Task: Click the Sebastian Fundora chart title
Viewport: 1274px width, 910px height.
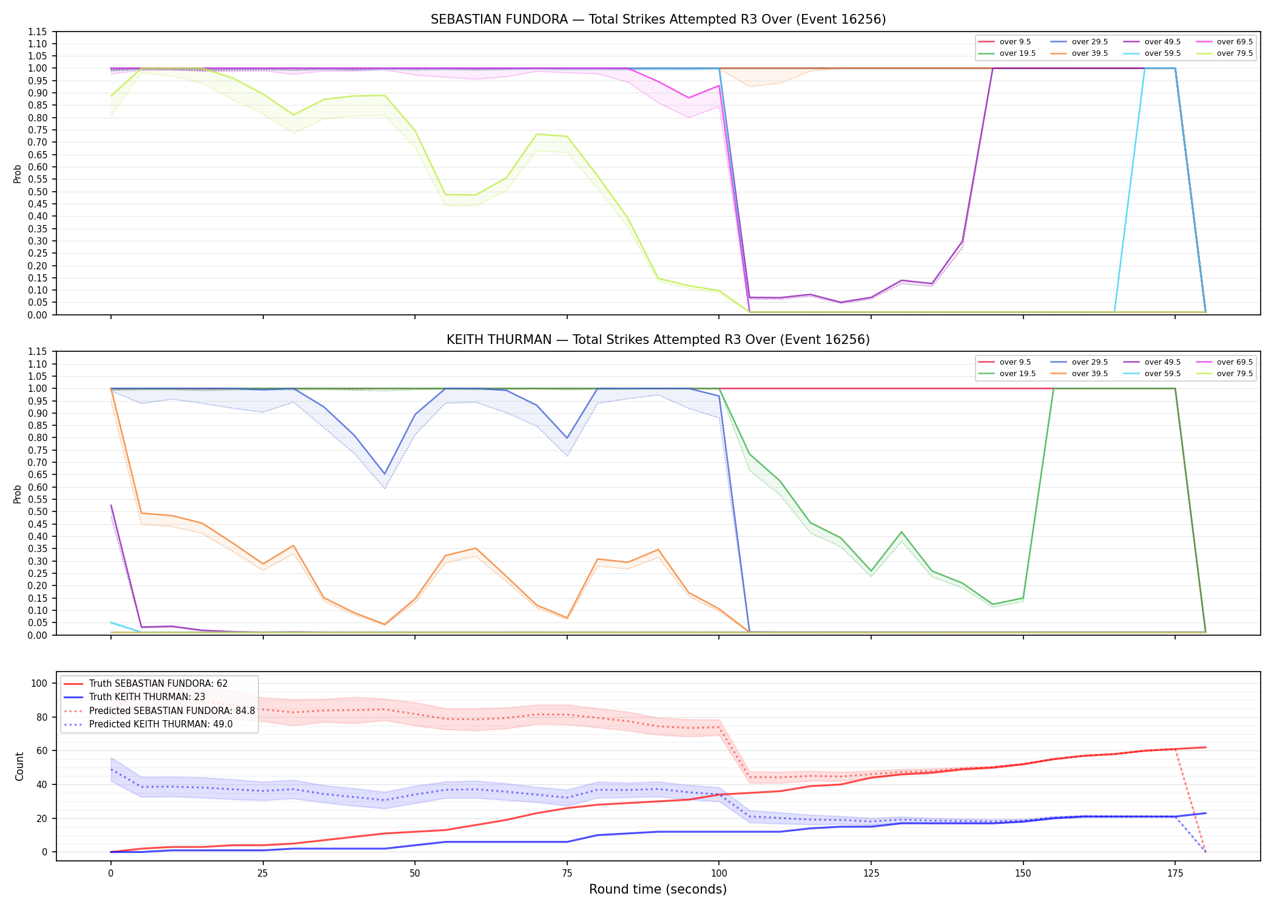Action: tap(658, 19)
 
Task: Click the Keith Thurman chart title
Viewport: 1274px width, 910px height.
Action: tap(658, 340)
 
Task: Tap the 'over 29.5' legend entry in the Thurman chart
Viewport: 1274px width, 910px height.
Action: tap(1079, 362)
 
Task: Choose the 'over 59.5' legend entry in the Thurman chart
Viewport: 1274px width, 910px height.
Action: tap(1152, 374)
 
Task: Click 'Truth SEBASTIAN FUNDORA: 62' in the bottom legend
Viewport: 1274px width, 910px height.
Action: tap(146, 684)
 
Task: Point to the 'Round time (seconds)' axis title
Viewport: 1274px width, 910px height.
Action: tap(658, 889)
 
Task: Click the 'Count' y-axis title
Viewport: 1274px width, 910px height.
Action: tap(19, 766)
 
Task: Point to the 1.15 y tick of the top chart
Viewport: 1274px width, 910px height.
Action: tap(38, 32)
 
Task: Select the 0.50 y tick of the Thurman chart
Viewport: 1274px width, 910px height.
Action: tap(38, 512)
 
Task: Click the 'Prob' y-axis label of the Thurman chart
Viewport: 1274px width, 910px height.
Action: tap(18, 494)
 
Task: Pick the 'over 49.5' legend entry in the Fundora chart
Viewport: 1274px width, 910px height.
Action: tap(1152, 42)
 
